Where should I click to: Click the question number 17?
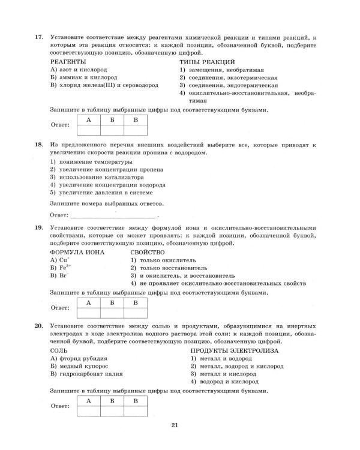(x=39, y=37)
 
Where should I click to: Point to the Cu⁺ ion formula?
(x=61, y=260)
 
